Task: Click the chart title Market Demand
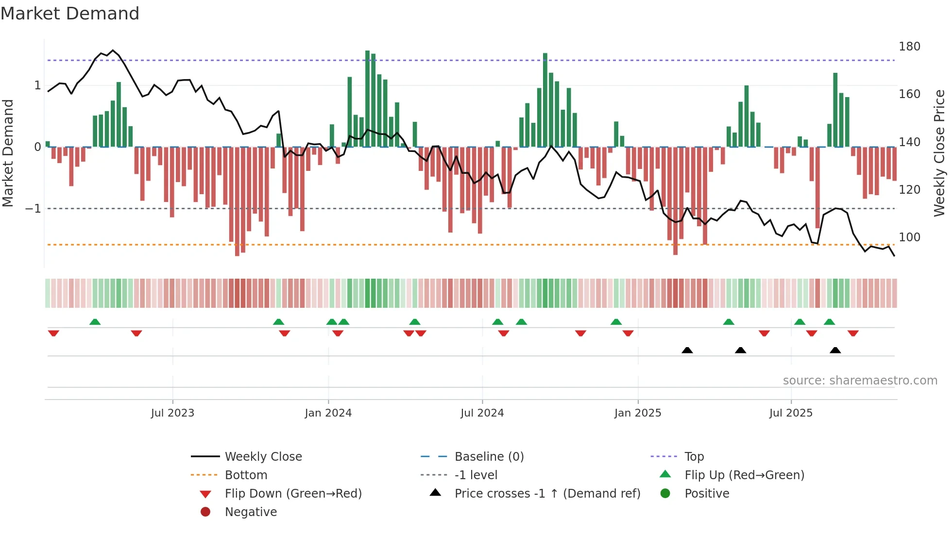70,14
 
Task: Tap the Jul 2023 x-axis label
172,413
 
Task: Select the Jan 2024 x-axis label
328,413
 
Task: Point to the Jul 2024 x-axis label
482,413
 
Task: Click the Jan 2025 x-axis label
638,413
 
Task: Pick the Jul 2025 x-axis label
791,413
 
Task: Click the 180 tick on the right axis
909,47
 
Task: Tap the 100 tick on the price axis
909,237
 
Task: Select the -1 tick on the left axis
34,209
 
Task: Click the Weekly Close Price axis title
939,153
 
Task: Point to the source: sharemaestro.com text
860,381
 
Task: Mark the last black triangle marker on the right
835,351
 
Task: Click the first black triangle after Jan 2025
687,351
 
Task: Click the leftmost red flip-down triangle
53,333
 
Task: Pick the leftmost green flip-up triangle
95,322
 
